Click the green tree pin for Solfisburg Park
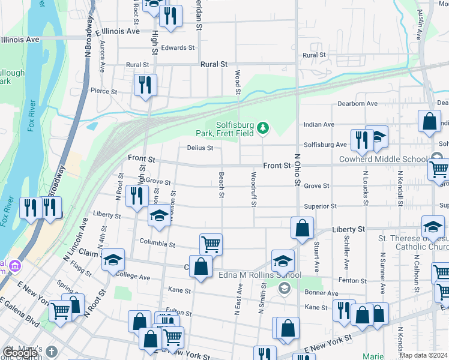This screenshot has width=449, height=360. point(262,127)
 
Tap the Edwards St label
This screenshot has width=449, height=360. point(178,47)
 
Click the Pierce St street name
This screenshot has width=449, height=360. point(103,91)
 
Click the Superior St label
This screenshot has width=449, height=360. point(320,206)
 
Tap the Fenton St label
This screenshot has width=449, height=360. point(352,280)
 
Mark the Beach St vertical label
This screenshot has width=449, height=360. point(221,187)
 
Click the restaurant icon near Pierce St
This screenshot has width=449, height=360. point(145,85)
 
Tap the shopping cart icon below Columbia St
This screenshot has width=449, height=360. point(211,244)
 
